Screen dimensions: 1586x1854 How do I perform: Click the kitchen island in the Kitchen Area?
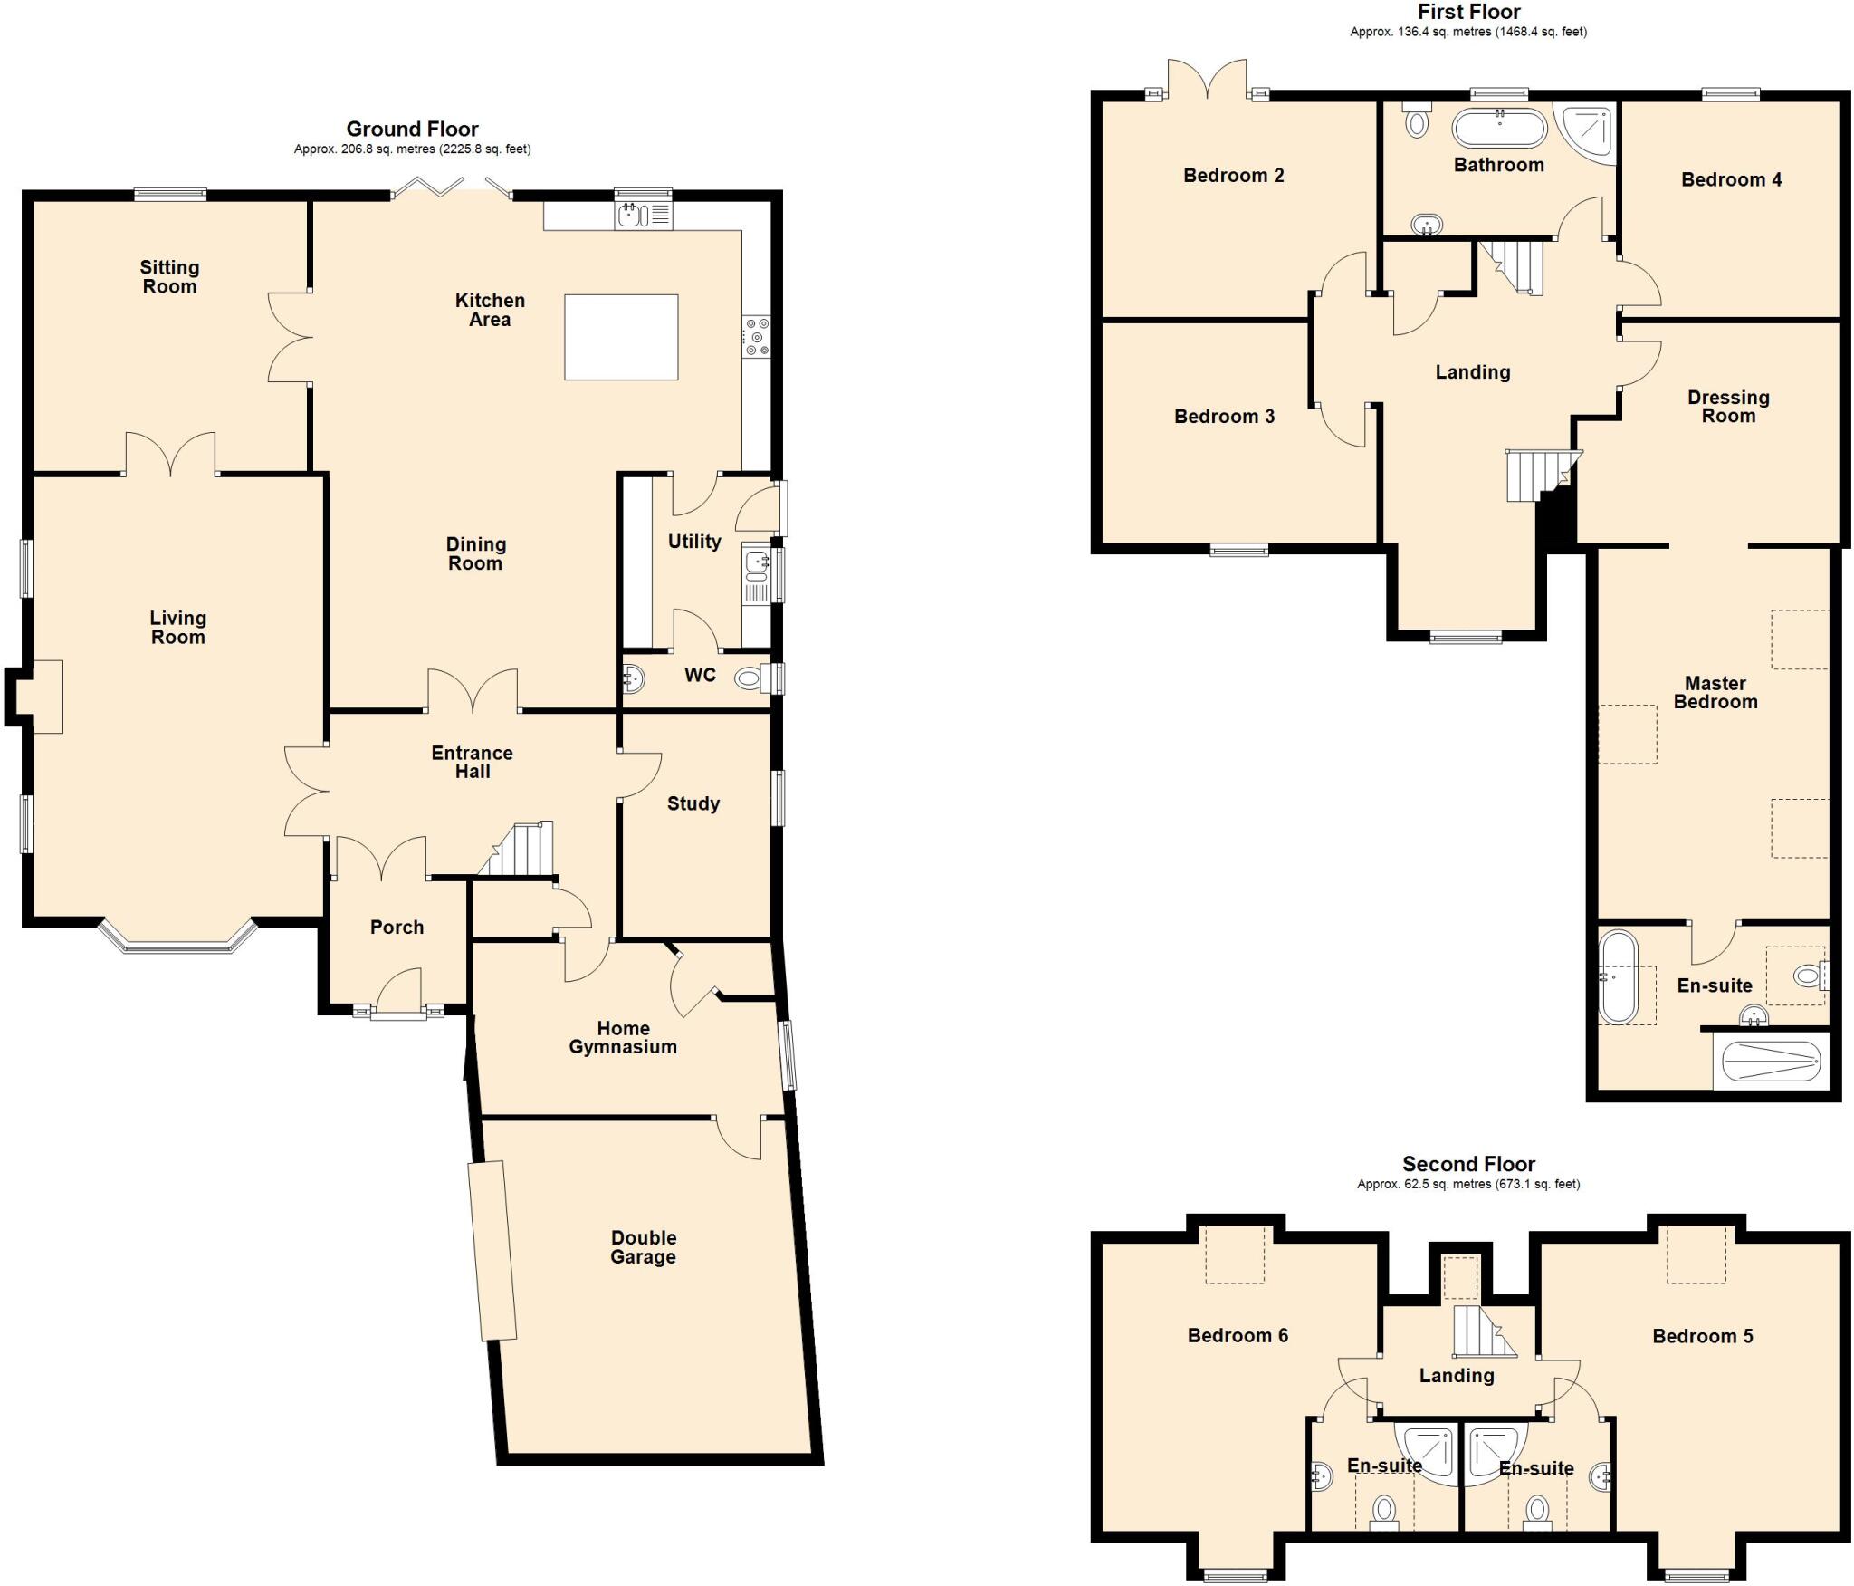click(x=621, y=337)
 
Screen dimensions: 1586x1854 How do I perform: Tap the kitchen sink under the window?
click(x=630, y=216)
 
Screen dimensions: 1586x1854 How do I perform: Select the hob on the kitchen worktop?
click(x=756, y=336)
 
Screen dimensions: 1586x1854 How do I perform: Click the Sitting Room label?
click(x=169, y=277)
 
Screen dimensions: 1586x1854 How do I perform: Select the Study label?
click(x=693, y=803)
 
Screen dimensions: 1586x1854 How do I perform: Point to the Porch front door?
click(x=399, y=993)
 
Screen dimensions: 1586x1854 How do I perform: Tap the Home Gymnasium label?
click(x=623, y=1037)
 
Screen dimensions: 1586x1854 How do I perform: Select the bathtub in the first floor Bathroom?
click(x=1499, y=129)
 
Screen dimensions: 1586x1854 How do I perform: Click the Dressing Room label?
click(x=1727, y=407)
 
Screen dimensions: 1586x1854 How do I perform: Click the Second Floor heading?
click(x=1468, y=1164)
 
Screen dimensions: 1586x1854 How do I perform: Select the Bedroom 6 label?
click(x=1237, y=1335)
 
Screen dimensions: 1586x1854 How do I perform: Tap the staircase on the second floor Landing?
click(x=1481, y=1331)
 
